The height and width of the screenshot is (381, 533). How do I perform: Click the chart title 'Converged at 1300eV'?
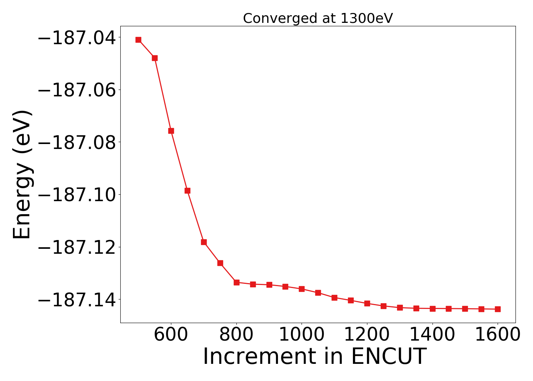(318, 18)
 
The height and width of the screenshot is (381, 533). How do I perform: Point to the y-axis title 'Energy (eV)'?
(22, 174)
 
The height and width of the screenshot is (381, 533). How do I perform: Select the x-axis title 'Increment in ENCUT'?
(314, 357)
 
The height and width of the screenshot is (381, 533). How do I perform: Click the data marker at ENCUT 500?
(138, 40)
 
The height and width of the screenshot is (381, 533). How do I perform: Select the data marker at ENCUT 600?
(171, 131)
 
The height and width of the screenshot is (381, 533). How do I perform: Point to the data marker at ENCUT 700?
(204, 242)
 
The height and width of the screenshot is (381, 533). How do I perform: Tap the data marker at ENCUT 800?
(236, 282)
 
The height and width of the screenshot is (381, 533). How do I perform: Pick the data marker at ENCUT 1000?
(302, 289)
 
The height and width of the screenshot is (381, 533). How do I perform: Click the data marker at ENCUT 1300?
(400, 307)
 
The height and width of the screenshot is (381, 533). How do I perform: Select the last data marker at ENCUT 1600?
(498, 309)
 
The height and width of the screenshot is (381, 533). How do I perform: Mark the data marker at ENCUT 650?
(187, 190)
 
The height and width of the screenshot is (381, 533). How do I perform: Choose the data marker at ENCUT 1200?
(367, 303)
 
